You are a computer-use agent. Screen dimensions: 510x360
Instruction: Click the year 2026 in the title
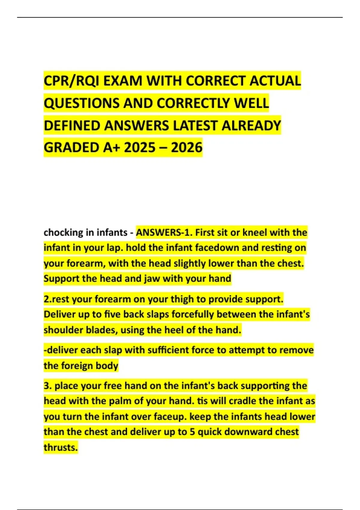[x=187, y=148]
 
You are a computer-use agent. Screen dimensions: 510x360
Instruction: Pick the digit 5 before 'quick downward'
[x=192, y=432]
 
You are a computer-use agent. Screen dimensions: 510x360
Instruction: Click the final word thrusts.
[x=61, y=448]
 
